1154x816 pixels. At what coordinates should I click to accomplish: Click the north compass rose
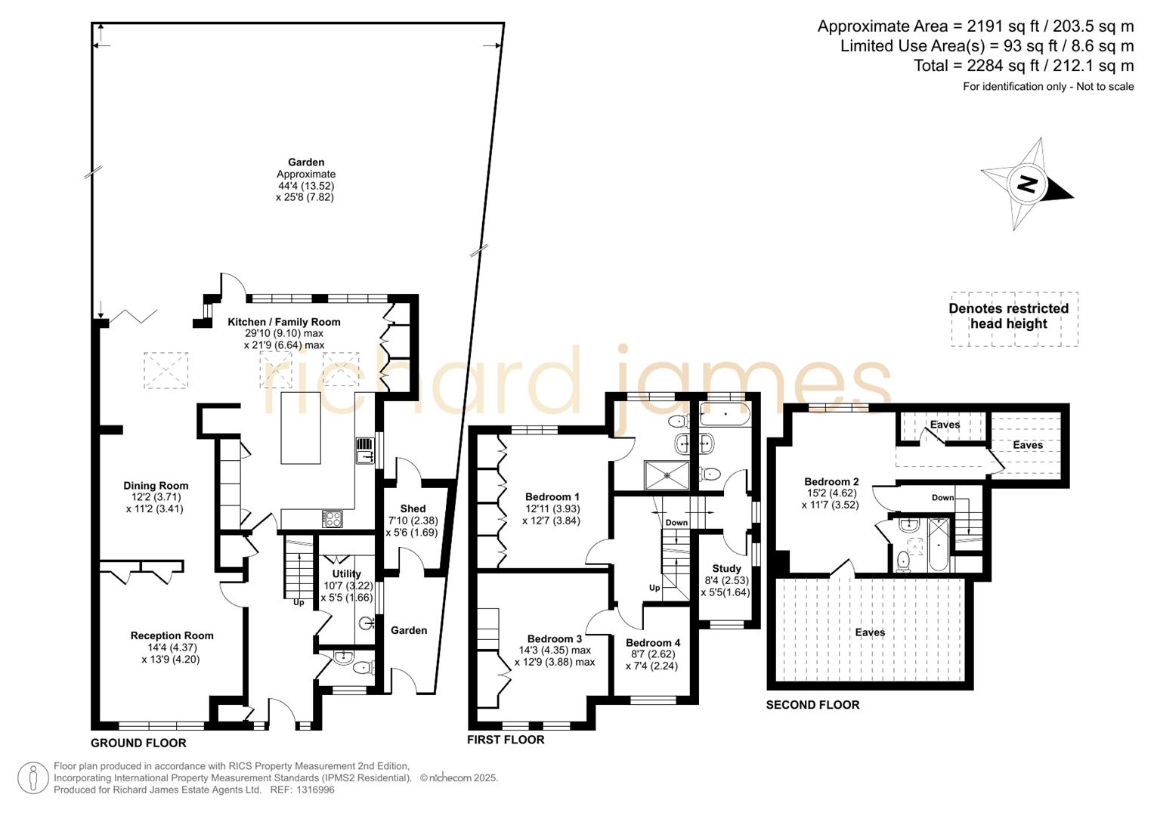1026,184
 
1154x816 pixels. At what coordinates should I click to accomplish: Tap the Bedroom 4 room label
652,643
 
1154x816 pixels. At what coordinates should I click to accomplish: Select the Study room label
726,568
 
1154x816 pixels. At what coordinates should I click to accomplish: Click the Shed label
413,508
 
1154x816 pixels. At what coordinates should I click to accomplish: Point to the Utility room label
347,573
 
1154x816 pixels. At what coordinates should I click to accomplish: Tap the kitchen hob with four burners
333,518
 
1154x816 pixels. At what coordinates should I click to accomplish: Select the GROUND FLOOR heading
138,743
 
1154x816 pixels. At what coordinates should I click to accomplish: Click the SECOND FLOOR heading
812,705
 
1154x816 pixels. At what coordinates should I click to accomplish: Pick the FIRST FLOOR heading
506,740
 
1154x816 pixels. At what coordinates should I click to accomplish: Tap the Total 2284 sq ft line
1023,66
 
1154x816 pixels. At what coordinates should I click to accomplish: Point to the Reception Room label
172,635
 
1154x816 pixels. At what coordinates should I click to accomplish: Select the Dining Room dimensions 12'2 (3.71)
156,497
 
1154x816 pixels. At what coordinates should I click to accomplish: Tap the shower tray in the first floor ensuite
667,475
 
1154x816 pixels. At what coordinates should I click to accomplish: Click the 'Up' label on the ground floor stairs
299,602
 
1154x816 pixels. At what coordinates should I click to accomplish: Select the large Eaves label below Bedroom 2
870,632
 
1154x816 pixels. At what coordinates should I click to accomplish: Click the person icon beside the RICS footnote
33,777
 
